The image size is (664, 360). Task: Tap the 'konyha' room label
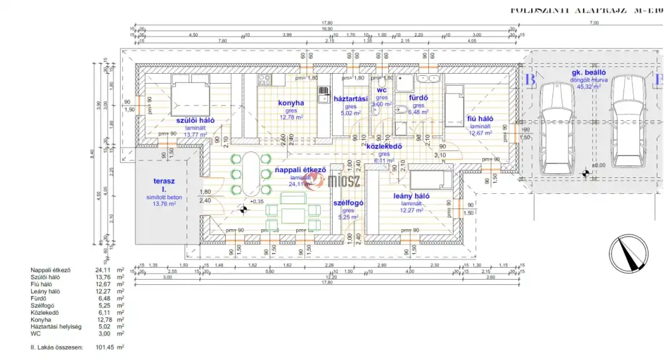point(291,103)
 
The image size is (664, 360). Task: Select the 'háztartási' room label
point(351,98)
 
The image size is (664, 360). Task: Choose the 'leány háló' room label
point(412,196)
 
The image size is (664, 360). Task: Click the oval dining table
point(252,174)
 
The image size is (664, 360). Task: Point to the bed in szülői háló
point(190,91)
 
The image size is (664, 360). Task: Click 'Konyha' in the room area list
point(41,319)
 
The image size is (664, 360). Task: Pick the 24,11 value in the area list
point(104,270)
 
